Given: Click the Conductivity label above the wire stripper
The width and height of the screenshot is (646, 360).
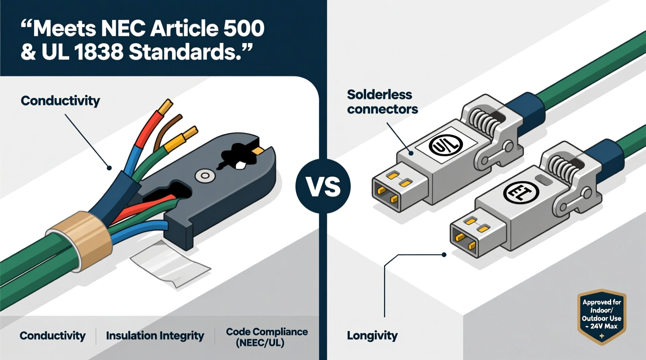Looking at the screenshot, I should point(60,101).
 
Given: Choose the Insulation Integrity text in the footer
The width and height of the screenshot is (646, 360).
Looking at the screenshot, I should point(155,336).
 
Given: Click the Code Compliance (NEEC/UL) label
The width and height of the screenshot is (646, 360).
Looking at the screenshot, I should point(267,337).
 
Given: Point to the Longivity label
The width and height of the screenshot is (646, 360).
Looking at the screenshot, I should point(372,336).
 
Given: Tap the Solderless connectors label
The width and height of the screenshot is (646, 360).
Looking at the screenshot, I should point(382,102).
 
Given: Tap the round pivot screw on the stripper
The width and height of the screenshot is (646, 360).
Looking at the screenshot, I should point(205,176).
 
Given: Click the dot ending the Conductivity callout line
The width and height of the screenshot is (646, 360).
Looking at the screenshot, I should point(109,168).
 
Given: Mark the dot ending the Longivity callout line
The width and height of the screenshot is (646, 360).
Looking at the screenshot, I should point(444,255).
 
